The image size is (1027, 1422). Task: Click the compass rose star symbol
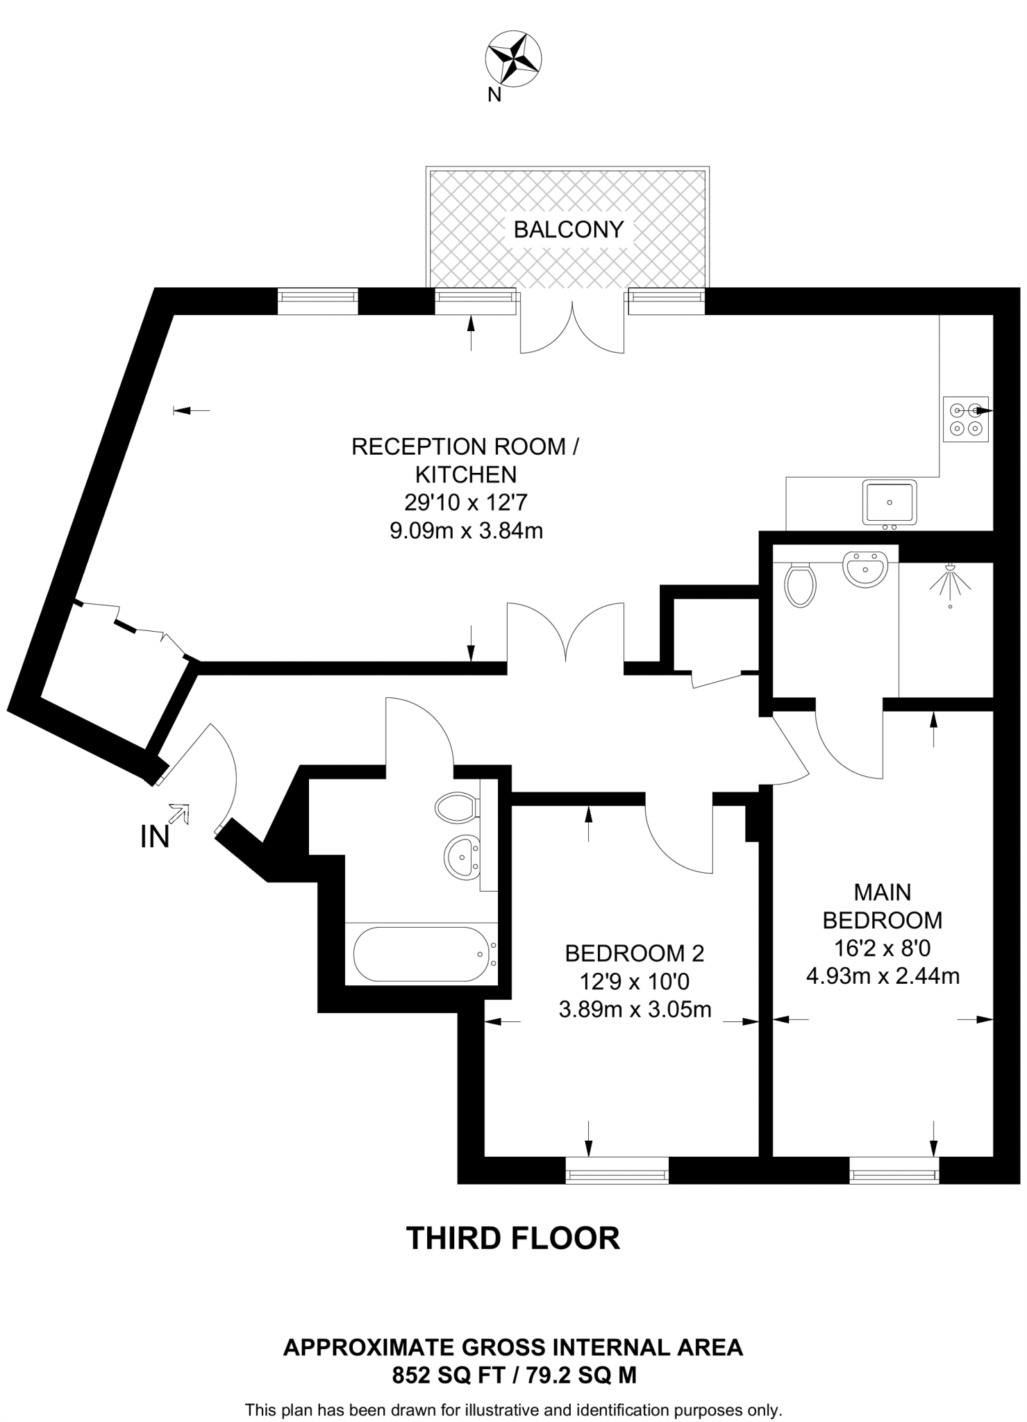pos(515,58)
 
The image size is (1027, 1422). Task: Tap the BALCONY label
pos(568,229)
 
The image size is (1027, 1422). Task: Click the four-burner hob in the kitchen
pos(965,419)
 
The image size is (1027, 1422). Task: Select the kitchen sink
pos(890,501)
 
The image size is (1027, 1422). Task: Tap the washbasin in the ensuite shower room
pos(865,569)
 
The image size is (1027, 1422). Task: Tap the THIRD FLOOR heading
pos(512,1238)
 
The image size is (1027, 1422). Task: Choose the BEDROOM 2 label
pos(634,953)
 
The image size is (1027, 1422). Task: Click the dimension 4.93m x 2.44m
pos(882,976)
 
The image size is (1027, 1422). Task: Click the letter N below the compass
pos(494,95)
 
